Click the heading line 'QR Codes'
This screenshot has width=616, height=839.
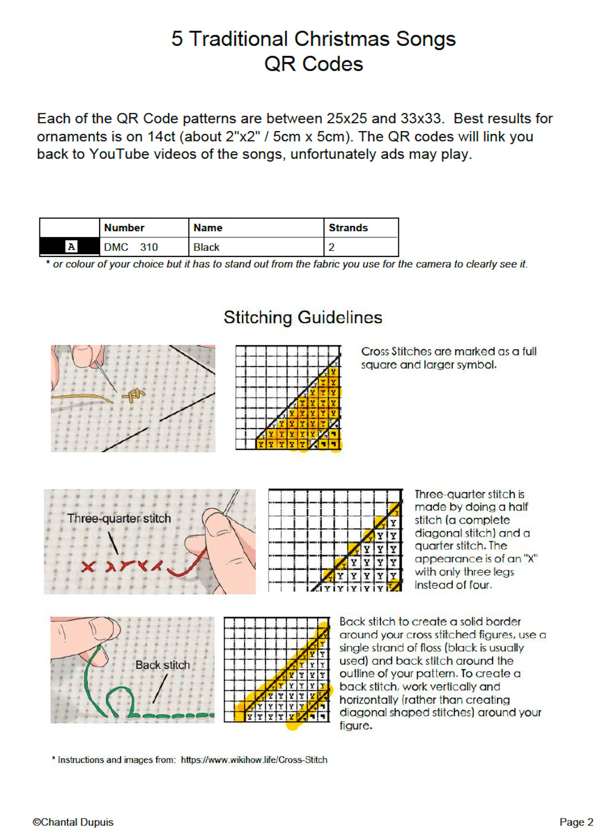pos(314,64)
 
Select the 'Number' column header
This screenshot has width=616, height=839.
pos(124,228)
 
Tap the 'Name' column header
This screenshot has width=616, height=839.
pos(208,228)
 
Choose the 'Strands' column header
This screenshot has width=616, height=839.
pos(348,228)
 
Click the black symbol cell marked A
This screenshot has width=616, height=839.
pos(70,246)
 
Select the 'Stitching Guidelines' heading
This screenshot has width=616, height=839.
pos(303,317)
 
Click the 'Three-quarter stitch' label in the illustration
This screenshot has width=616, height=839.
pos(119,518)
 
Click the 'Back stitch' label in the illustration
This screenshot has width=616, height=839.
pos(163,665)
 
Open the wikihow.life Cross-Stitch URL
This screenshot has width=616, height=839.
pos(254,760)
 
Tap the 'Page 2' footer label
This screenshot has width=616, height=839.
pos(576,822)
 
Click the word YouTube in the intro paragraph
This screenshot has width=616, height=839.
pos(119,154)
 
